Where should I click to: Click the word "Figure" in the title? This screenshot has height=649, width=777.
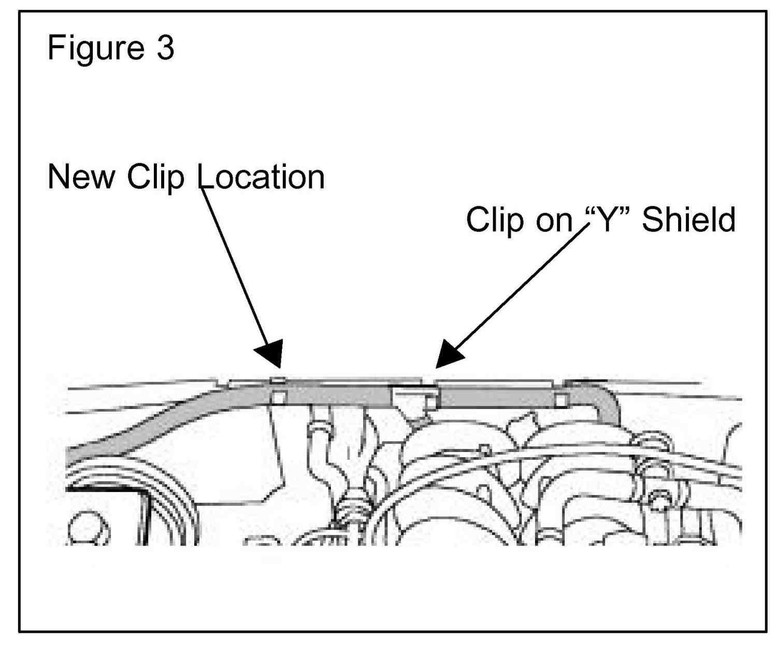point(95,48)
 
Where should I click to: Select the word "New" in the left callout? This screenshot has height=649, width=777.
point(81,177)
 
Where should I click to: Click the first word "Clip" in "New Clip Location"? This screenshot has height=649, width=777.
point(155,177)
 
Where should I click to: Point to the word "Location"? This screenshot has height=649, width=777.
point(262,177)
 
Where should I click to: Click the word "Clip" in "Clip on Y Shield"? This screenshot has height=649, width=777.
point(494,219)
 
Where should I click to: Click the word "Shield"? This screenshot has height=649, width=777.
point(688,219)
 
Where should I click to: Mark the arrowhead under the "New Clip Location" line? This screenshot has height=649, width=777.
point(270,354)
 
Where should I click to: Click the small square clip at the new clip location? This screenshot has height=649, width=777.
point(278,397)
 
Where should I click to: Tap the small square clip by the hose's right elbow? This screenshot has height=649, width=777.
point(560,400)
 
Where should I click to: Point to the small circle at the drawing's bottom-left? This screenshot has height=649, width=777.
point(88,530)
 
